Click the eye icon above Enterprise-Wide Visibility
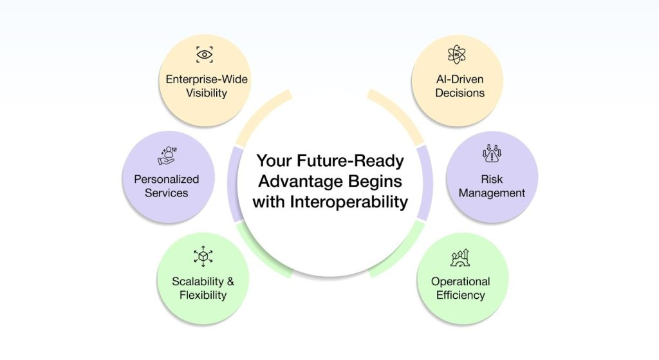205,55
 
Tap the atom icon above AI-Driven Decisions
459,55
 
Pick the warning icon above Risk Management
492,156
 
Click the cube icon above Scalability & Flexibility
203,257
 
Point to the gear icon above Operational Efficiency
459,258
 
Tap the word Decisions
459,93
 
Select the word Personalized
167,179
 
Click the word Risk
492,179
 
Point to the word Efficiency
460,295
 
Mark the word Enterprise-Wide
207,79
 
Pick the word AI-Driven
459,79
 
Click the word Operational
460,281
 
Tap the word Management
492,193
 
